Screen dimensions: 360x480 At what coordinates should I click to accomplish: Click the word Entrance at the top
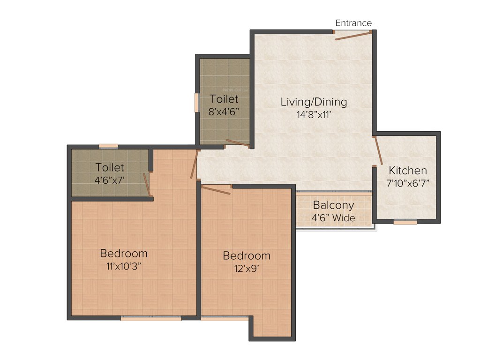point(353,23)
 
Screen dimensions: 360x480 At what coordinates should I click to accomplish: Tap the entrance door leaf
point(353,36)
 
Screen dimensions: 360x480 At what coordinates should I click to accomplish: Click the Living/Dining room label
point(314,101)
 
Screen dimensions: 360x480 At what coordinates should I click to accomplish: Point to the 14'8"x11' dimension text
point(314,114)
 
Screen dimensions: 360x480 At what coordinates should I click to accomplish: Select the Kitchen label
point(408,171)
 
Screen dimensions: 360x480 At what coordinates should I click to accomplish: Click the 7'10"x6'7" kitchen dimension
point(408,183)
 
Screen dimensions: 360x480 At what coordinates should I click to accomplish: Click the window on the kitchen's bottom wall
point(405,222)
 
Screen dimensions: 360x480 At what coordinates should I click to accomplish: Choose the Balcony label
point(333,205)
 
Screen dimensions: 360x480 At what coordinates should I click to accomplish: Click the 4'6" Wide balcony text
point(333,217)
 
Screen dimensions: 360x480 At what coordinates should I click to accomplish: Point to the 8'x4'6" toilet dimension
point(224,112)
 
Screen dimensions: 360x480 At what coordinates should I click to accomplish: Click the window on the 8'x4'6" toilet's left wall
point(197,102)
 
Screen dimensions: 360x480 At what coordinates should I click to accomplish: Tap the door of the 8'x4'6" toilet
point(238,143)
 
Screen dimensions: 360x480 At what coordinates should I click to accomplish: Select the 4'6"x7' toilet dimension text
point(110,179)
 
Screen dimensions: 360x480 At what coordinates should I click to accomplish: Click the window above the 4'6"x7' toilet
point(108,146)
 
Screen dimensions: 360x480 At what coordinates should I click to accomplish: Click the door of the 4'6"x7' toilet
point(147,184)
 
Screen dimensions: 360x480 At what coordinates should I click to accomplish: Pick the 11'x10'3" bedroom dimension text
point(124,266)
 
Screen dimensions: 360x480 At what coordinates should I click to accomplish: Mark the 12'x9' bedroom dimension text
point(247,269)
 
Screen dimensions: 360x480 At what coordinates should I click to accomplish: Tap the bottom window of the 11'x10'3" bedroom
point(151,318)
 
